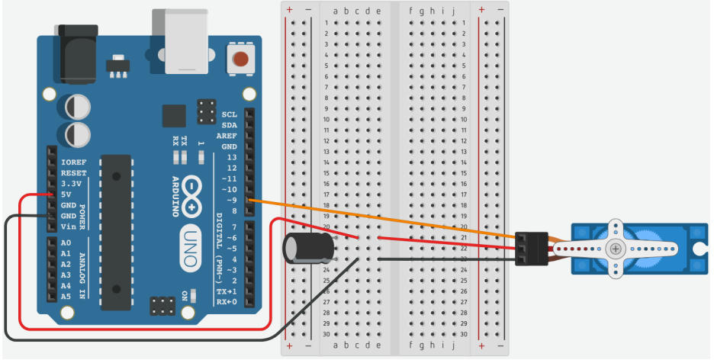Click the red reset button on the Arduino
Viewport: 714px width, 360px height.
[242, 59]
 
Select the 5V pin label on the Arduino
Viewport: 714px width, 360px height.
[66, 194]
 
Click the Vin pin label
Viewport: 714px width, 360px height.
[68, 227]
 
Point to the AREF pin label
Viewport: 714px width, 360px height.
[227, 136]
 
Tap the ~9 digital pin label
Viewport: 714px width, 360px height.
[229, 200]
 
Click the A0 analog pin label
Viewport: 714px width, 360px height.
[66, 243]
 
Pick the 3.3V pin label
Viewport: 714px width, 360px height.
[71, 184]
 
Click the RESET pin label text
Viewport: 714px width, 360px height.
[72, 173]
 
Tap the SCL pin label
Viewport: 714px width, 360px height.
[230, 114]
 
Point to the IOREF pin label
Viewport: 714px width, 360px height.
[72, 162]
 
